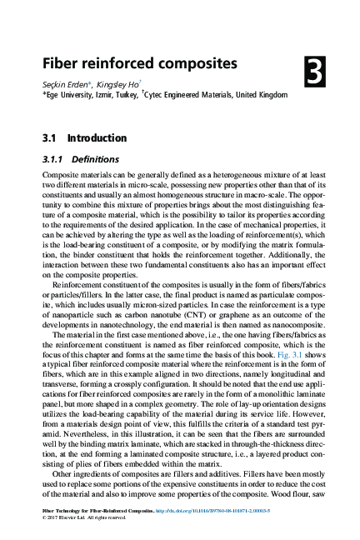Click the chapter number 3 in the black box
pos(314,73)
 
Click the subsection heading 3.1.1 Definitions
pos(80,158)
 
